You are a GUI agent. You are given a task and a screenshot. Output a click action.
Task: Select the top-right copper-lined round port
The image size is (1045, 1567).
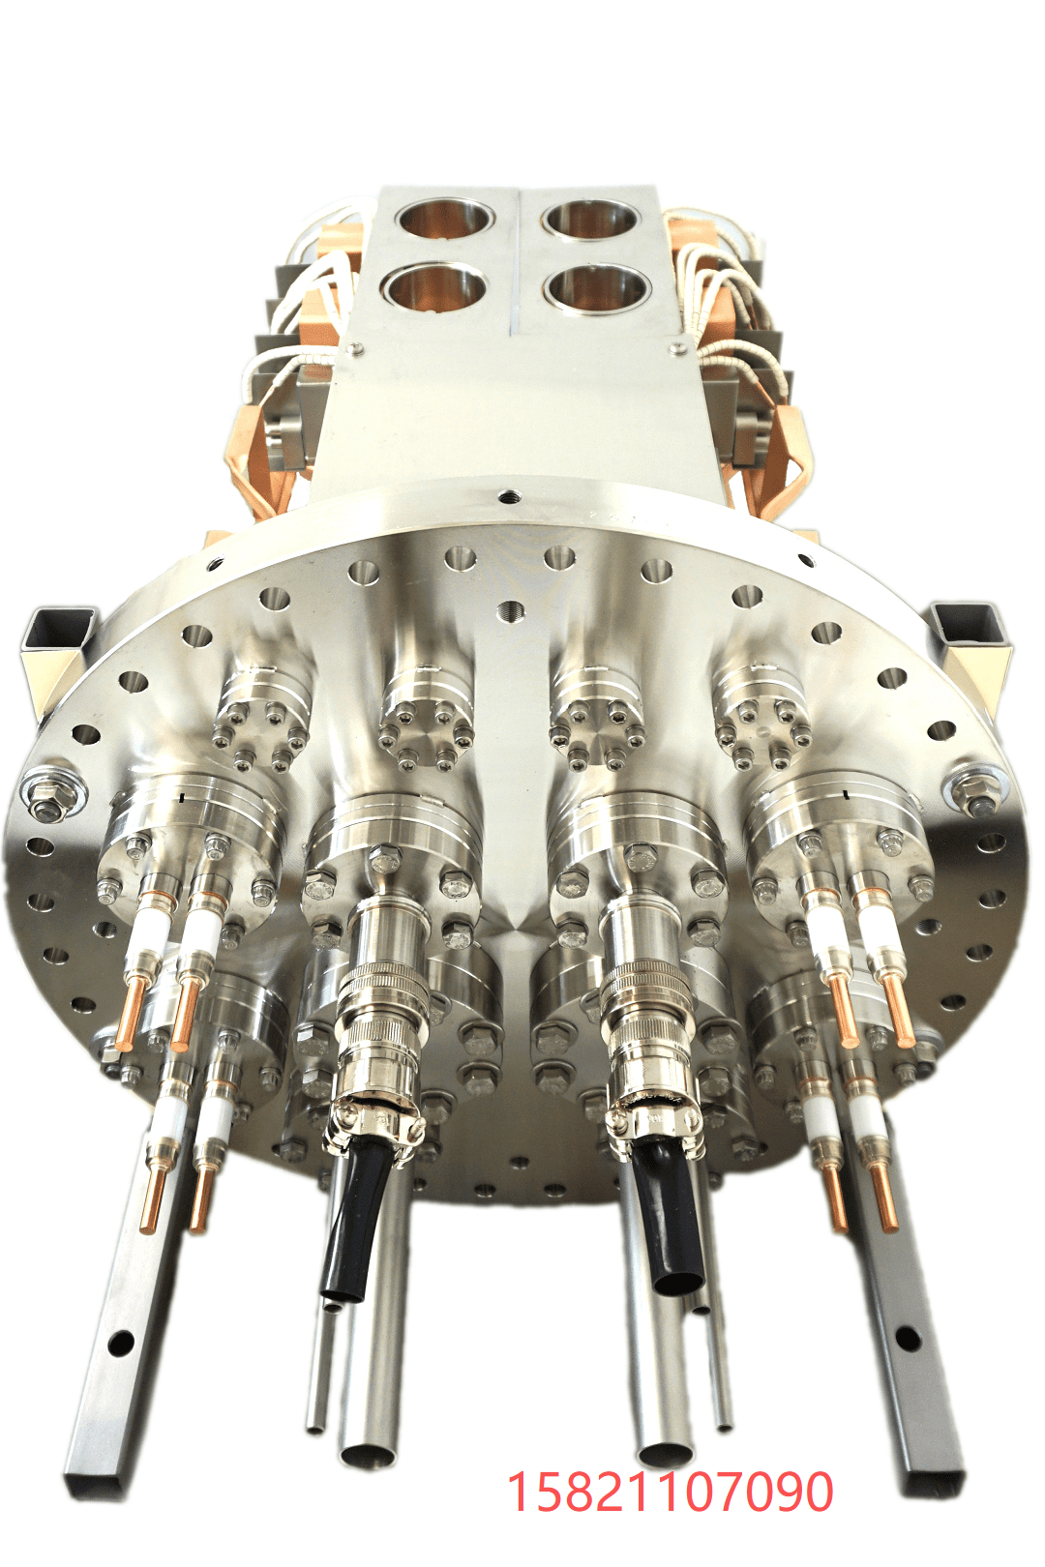coord(592,219)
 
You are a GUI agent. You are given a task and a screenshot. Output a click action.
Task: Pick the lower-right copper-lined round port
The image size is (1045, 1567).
coord(597,289)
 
